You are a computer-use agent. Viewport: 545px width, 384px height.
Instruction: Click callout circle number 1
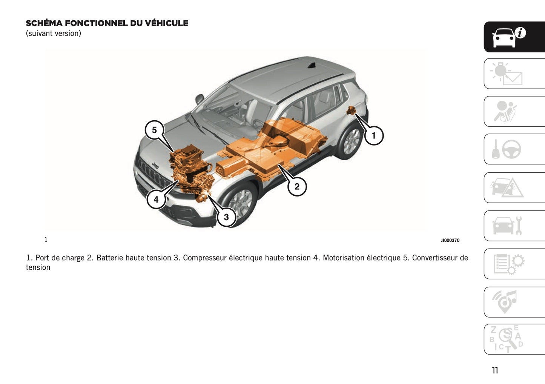[374, 136]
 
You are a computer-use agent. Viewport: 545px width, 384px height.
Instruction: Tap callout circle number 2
[297, 186]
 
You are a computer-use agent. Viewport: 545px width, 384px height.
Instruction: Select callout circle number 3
[226, 217]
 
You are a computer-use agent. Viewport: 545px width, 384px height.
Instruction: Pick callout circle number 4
[156, 199]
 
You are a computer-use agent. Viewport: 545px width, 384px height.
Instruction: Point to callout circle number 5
[154, 130]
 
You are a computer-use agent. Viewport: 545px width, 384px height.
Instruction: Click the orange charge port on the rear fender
[352, 111]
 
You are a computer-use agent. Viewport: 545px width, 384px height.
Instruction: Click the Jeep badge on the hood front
[155, 165]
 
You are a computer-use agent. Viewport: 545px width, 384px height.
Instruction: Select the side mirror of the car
[200, 100]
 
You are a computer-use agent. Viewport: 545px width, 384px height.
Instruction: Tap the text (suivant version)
[54, 34]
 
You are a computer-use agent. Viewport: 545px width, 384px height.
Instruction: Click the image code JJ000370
[450, 240]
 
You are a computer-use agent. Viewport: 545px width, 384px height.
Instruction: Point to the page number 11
[495, 370]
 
